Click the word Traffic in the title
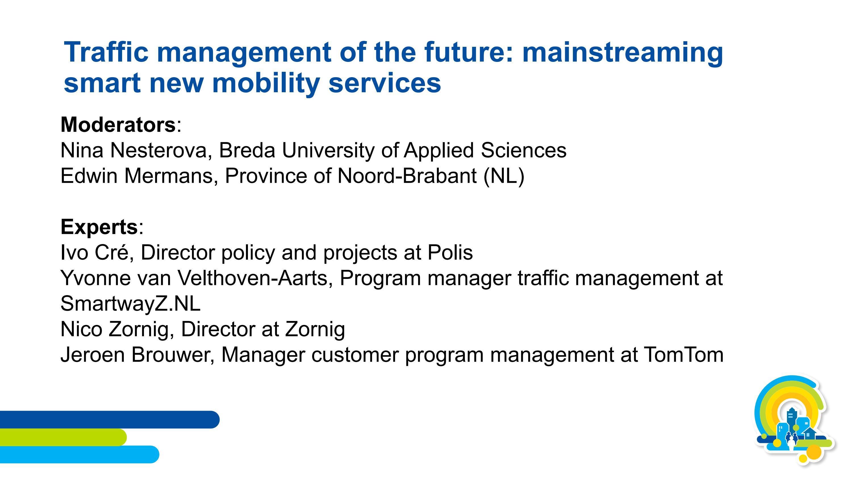(x=106, y=52)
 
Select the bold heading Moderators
(x=118, y=125)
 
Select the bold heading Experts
(x=99, y=227)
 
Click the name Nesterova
(x=161, y=150)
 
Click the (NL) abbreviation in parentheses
(x=504, y=176)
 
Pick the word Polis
(x=450, y=253)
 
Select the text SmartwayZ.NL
(x=130, y=303)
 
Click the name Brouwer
(x=172, y=355)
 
